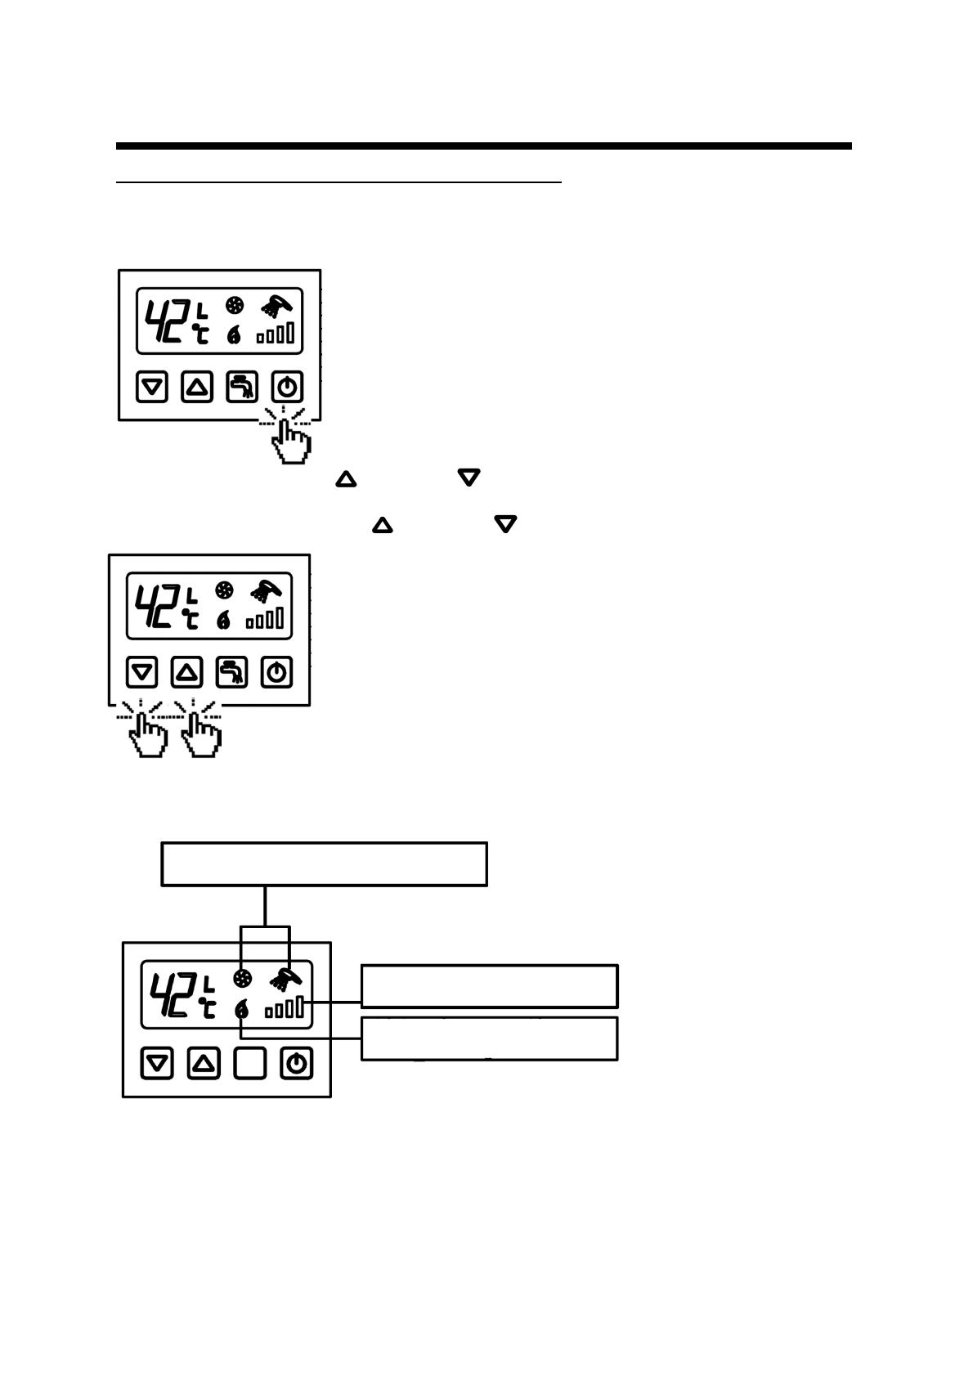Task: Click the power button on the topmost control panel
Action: (x=287, y=387)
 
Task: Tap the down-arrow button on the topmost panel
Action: (x=152, y=387)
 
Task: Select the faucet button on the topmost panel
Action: (x=242, y=387)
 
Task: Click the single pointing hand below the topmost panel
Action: (x=289, y=439)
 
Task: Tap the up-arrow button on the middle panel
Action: (x=187, y=673)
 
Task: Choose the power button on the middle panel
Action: (x=277, y=673)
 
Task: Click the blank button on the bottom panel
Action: (x=250, y=1064)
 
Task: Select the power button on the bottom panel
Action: (x=296, y=1064)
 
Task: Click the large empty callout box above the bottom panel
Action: (x=325, y=863)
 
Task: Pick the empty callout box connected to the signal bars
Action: (x=489, y=986)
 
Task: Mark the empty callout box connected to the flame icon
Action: (x=489, y=1038)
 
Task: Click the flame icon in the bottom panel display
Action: (x=241, y=1011)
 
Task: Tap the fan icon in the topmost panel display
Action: (x=235, y=307)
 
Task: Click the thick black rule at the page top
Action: (x=483, y=146)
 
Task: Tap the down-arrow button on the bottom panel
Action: (x=157, y=1064)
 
